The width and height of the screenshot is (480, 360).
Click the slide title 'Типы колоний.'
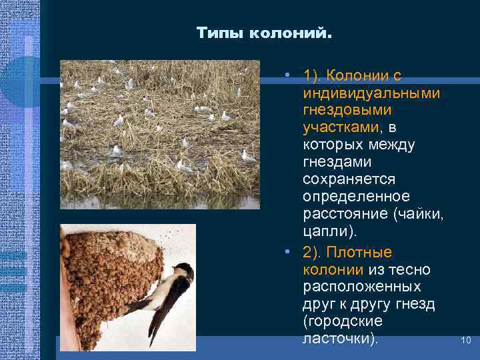coord(264,33)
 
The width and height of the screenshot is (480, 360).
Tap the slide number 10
coord(466,341)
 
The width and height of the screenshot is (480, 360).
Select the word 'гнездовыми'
coord(347,109)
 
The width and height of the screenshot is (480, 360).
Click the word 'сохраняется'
coord(349,179)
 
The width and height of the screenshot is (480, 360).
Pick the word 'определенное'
coord(356,197)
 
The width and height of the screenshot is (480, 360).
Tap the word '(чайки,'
coord(419,214)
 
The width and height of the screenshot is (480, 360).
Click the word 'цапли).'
coord(330,231)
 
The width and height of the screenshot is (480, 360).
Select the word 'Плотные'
coord(365,253)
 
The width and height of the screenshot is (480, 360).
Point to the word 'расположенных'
coord(361,287)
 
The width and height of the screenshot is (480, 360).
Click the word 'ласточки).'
coord(340,339)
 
